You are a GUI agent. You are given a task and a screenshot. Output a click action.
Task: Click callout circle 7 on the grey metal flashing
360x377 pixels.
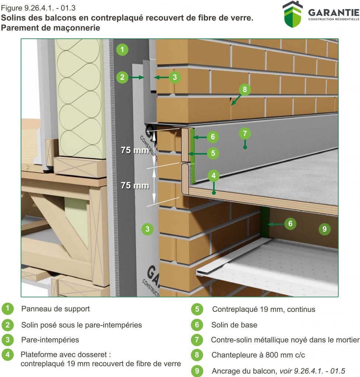[245, 133]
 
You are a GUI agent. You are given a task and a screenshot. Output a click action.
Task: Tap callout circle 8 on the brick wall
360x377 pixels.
[245, 89]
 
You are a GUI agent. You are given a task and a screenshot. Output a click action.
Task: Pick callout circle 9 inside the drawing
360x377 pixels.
[324, 229]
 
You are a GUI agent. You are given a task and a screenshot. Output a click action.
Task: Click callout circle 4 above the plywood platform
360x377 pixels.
[214, 176]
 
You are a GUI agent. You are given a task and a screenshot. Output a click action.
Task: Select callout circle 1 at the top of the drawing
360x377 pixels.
[122, 49]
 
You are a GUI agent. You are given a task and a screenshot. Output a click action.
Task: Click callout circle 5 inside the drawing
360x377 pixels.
[213, 154]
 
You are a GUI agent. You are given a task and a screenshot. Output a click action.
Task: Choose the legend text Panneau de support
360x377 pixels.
[55, 309]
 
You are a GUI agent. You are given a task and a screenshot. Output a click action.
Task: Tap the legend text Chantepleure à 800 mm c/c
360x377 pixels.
[258, 355]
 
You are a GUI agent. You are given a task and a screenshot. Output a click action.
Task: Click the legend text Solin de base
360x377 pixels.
[234, 325]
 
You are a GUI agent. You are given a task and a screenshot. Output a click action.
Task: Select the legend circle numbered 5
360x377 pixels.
[197, 309]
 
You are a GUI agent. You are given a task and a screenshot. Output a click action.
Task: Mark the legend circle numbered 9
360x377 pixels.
[197, 371]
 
